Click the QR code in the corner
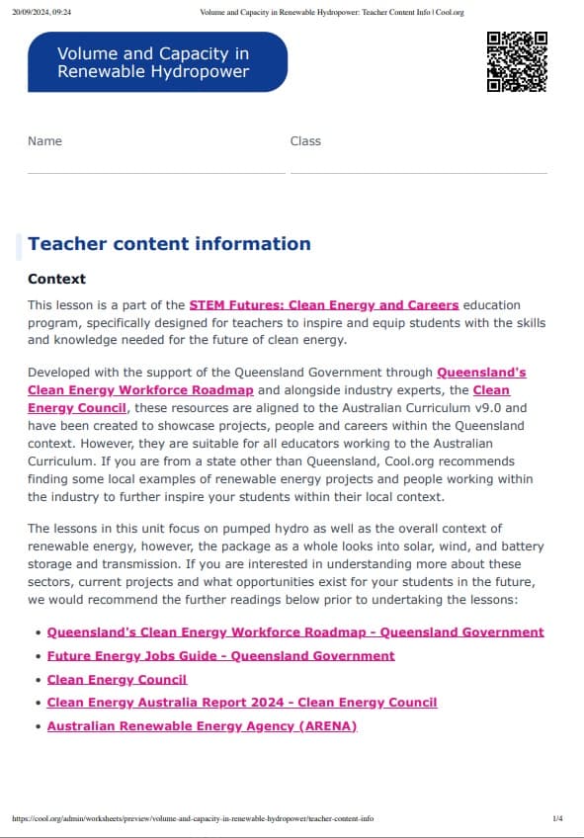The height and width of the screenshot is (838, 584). [517, 61]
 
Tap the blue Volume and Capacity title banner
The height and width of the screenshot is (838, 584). [157, 62]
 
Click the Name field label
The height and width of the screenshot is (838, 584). [44, 141]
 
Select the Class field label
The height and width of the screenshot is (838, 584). [305, 141]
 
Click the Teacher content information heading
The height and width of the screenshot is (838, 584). [169, 244]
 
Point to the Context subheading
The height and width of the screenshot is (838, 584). [56, 280]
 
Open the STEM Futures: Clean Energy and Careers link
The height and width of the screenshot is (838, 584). [324, 305]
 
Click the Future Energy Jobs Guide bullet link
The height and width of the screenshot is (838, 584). [220, 656]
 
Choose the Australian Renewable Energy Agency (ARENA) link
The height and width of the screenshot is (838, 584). [202, 726]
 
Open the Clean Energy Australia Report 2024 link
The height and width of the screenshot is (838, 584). [242, 703]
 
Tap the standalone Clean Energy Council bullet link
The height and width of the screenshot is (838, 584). [117, 680]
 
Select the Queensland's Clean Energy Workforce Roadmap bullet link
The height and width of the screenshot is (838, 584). [295, 632]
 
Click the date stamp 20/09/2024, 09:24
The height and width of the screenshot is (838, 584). [42, 12]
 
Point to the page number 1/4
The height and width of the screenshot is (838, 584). [557, 819]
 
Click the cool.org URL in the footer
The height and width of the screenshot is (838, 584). [193, 819]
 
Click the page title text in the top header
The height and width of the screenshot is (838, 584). [331, 12]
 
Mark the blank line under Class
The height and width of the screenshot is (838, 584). [418, 172]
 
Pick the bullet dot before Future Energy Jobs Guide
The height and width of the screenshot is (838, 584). [38, 656]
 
